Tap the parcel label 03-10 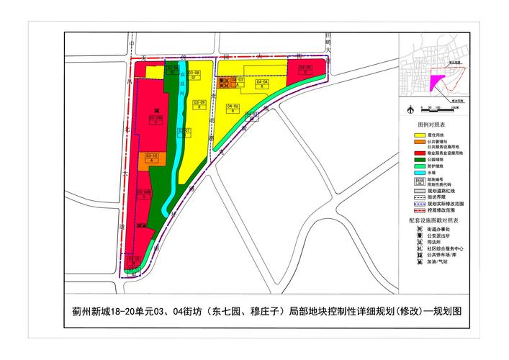(x=152, y=156)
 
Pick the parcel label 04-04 (x=263, y=82)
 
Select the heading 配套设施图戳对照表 (x=437, y=218)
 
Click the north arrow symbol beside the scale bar (x=410, y=109)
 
